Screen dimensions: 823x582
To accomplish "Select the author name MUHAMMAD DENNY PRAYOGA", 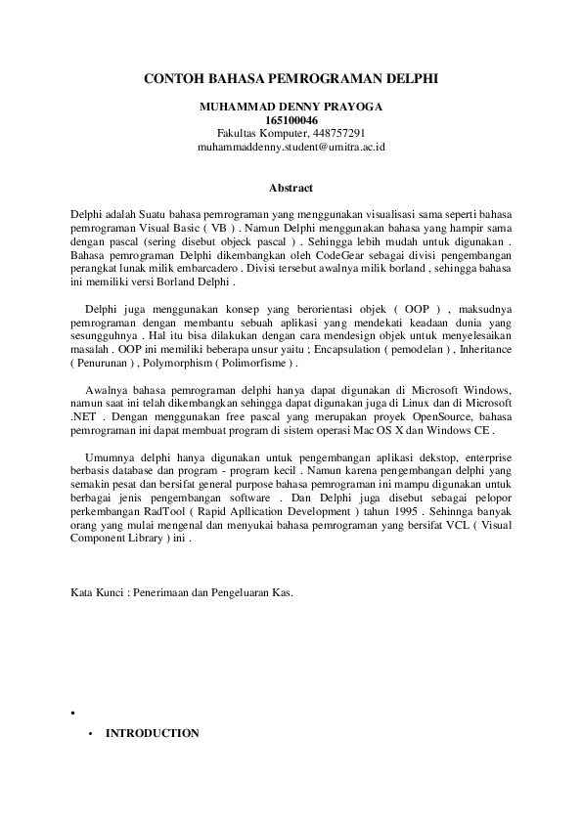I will pos(291,106).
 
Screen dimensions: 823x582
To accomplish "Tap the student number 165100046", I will pos(291,119).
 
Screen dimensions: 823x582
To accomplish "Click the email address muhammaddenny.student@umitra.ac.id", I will pos(291,147).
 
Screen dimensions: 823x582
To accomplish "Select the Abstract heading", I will pos(291,187).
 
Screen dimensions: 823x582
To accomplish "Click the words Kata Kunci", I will pos(98,592).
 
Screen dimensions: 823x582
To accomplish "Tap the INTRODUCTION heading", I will pos(152,733).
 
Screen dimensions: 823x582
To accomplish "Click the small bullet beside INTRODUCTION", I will pos(90,734).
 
